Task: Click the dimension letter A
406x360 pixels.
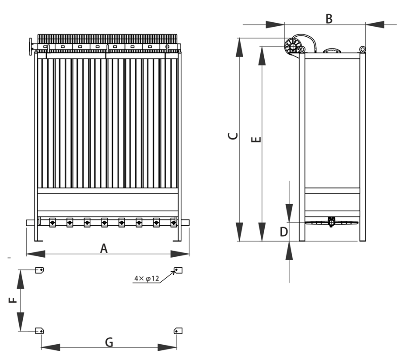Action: [x=104, y=248]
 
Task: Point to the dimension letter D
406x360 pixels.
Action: [x=284, y=232]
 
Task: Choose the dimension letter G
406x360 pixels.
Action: [x=109, y=342]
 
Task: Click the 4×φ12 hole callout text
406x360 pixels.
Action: [x=147, y=278]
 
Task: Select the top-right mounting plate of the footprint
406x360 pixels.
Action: [x=178, y=270]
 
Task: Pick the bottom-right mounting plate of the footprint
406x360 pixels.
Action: [x=178, y=331]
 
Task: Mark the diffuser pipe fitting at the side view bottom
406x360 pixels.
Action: [x=331, y=221]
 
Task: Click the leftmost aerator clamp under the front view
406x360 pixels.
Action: [x=52, y=222]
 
